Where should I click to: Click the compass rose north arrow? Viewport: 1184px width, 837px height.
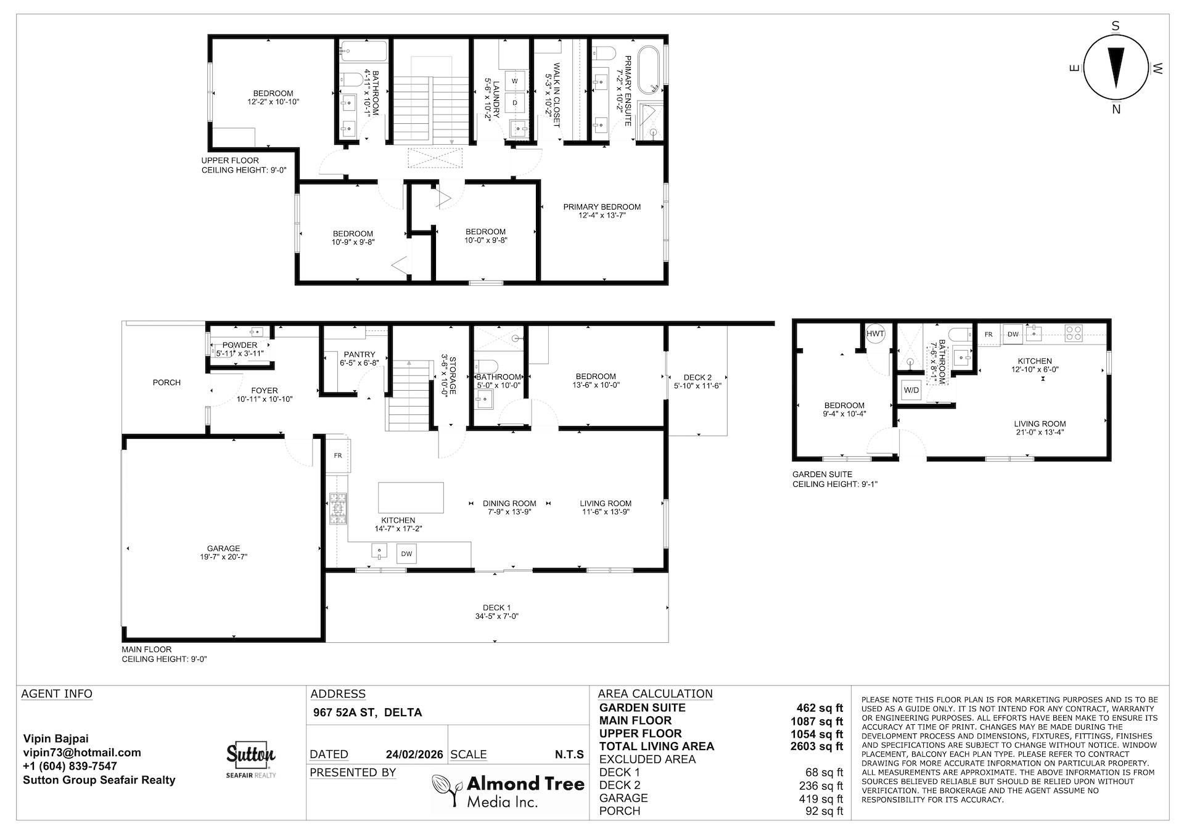tap(1116, 67)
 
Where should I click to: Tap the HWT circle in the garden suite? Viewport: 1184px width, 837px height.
tap(875, 333)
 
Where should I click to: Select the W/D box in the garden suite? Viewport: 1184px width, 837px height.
tap(911, 390)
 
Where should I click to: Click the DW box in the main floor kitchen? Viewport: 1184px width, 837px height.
tap(406, 553)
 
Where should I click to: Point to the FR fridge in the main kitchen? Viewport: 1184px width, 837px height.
tap(338, 455)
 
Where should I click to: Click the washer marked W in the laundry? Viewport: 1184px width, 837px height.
tap(515, 81)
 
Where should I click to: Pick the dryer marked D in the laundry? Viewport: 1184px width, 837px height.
tap(515, 102)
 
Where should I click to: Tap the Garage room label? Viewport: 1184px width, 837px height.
tap(223, 552)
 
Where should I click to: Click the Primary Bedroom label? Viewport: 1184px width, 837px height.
tap(602, 211)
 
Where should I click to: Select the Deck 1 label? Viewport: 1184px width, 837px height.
tap(496, 611)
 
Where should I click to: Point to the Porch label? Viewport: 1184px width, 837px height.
tap(166, 383)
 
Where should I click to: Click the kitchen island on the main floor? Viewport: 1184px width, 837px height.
tap(411, 497)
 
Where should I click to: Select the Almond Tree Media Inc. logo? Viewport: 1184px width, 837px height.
tap(508, 791)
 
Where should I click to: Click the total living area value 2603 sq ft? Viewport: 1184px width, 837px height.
tap(816, 746)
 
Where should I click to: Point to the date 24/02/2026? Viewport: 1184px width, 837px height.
tap(414, 754)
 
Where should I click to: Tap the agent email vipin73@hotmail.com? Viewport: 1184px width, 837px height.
tap(82, 753)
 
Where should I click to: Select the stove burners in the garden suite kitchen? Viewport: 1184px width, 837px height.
tap(1074, 333)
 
